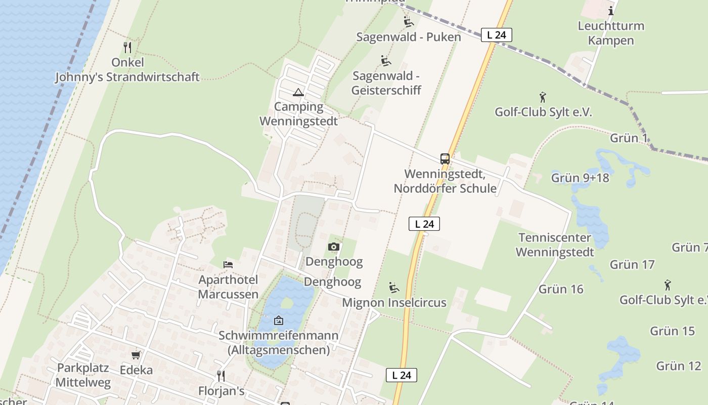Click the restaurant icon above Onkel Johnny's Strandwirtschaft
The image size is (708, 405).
click(x=127, y=48)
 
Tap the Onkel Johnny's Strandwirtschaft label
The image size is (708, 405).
click(x=127, y=70)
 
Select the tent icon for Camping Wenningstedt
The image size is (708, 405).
click(x=298, y=92)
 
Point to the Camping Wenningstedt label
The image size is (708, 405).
click(x=298, y=114)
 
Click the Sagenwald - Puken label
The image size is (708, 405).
click(x=409, y=37)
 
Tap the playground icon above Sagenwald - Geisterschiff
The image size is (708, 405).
click(x=386, y=61)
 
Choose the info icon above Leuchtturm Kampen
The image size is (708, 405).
click(x=611, y=11)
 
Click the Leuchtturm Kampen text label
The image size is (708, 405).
click(x=611, y=33)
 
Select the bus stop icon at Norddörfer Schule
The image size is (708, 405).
click(x=445, y=158)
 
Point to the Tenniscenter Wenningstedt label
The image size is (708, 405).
click(x=555, y=245)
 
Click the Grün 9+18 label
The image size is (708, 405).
click(x=580, y=178)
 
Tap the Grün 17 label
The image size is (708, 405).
click(x=632, y=264)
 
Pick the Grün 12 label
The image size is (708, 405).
click(x=679, y=366)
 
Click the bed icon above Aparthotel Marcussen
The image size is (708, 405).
click(x=228, y=264)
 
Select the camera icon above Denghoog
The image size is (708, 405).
click(x=333, y=247)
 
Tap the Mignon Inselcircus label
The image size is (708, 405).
click(x=394, y=303)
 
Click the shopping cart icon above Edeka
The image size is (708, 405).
click(x=136, y=355)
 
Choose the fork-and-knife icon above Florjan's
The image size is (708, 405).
click(x=220, y=376)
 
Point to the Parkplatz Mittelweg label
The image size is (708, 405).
click(x=83, y=375)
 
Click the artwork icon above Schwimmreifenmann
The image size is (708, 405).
click(x=278, y=320)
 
